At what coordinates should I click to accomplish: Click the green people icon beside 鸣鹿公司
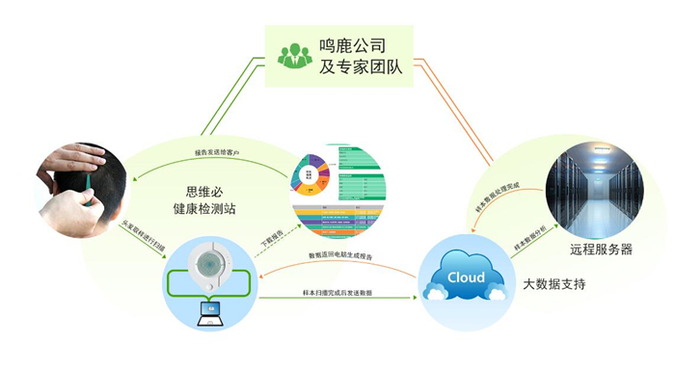(x=295, y=55)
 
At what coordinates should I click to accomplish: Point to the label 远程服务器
(x=599, y=249)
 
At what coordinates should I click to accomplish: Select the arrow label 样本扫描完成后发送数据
(x=337, y=292)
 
